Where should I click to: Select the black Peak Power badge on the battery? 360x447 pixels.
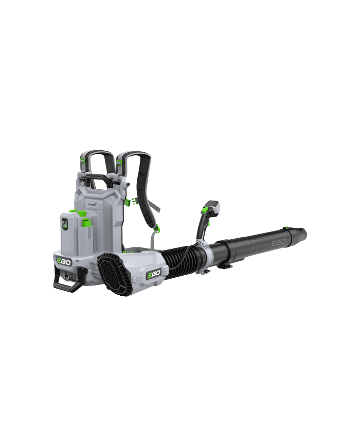coord(65,224)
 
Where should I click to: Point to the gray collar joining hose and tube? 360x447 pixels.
coord(207,251)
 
